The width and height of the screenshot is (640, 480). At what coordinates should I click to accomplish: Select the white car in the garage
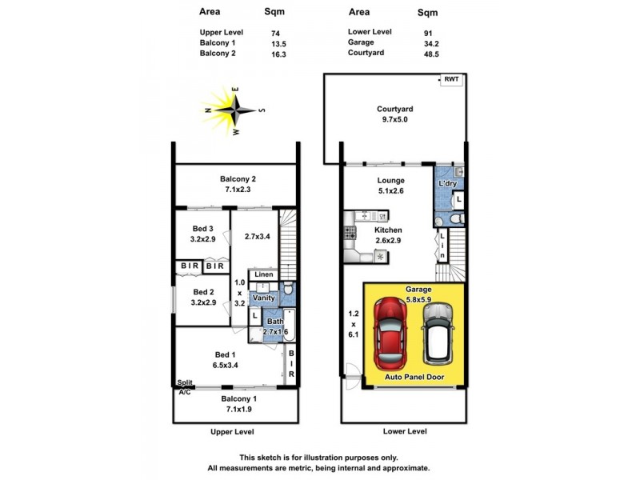tap(438, 332)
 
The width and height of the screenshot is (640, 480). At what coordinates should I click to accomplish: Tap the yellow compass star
tap(234, 109)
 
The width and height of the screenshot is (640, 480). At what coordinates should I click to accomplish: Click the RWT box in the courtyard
tap(452, 80)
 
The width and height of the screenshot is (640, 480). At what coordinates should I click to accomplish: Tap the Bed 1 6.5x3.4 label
tap(225, 359)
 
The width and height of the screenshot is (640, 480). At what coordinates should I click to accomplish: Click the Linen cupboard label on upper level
tap(264, 275)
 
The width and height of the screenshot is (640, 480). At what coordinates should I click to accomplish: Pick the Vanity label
tap(264, 298)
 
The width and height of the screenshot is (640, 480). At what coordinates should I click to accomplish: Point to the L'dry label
tap(447, 184)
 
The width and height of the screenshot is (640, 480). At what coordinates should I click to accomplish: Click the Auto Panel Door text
tap(414, 377)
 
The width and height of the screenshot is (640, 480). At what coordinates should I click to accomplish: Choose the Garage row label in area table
tap(362, 42)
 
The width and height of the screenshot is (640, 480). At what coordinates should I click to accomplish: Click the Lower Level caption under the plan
tap(404, 431)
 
